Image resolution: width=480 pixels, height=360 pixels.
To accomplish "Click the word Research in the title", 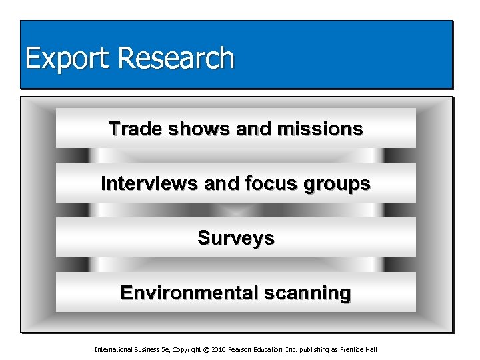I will click(177, 58).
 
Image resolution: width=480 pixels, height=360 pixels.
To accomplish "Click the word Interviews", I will click(149, 183).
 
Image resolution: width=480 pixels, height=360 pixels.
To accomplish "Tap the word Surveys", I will click(235, 238).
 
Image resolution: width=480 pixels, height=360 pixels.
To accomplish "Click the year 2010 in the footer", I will click(219, 350).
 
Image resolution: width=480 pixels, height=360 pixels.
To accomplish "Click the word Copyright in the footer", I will click(185, 350).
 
